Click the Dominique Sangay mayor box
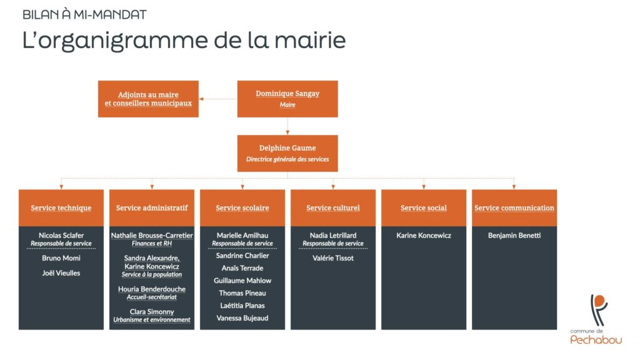[287, 99]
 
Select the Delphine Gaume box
[287, 153]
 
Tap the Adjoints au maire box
[148, 99]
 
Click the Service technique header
[61, 208]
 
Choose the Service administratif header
[152, 208]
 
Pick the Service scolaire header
[242, 208]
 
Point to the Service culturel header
[333, 208]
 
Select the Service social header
[424, 208]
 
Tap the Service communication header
[514, 208]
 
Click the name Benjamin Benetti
[514, 236]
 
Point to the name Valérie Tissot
[333, 258]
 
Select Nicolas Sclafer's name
[61, 236]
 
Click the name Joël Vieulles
[61, 273]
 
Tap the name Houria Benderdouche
[152, 289]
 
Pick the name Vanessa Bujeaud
[242, 318]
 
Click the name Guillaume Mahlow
[242, 281]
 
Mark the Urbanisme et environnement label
[152, 320]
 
